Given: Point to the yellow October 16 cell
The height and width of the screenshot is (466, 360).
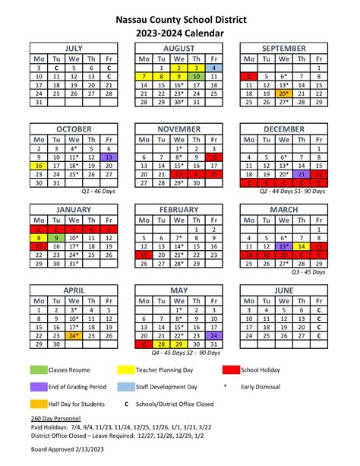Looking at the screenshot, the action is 38,166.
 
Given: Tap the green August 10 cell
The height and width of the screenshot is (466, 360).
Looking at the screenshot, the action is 196,77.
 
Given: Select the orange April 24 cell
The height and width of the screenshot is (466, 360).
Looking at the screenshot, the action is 74,335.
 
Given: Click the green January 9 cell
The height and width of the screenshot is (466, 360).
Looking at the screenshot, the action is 55,237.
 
